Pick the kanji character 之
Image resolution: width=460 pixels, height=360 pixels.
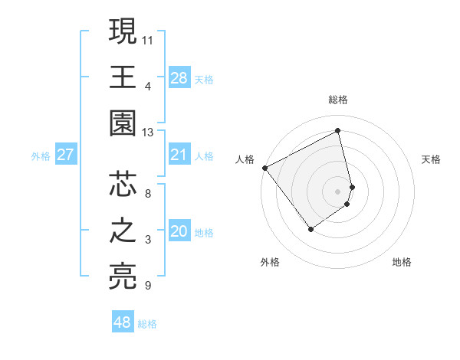123,231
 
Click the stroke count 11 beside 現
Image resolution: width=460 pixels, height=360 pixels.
148,39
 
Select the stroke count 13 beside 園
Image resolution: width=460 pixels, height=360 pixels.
148,133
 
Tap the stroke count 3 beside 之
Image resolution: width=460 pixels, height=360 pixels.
148,241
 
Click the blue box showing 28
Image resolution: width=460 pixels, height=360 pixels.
179,78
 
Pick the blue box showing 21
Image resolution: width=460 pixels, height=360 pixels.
179,155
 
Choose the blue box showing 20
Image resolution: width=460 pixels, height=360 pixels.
179,231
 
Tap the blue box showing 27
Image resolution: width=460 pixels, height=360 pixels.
65,155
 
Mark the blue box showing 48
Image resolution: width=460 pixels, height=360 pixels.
123,322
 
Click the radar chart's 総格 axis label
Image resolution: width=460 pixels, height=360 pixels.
338,100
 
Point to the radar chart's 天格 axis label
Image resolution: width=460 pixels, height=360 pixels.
431,159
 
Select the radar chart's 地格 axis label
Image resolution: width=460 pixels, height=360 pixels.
402,262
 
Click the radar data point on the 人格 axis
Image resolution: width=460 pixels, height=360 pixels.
264,167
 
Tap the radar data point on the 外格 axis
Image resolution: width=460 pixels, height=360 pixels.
310,229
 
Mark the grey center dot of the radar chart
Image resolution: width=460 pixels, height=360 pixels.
338,191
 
